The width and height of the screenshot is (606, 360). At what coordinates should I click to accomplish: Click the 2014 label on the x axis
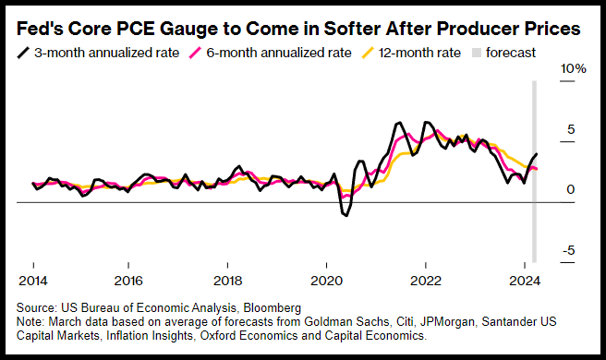33,281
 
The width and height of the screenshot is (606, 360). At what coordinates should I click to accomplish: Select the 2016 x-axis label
128,281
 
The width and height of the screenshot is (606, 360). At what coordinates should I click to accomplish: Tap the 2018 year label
227,281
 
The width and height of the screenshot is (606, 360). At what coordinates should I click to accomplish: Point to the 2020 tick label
327,281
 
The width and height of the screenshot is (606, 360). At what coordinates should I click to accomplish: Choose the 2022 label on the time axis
426,281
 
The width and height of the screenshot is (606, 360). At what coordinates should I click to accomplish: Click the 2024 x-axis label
525,281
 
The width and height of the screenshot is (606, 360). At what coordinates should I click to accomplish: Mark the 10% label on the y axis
574,68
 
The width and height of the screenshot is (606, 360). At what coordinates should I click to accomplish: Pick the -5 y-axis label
568,250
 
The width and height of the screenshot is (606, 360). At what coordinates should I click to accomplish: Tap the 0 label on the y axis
571,189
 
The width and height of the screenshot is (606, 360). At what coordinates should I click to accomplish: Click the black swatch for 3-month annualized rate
23,53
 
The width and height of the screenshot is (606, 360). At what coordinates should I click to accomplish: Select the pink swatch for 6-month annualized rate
195,53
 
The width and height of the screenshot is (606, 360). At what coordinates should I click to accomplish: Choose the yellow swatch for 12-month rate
368,53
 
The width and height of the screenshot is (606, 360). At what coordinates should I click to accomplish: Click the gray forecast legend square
477,53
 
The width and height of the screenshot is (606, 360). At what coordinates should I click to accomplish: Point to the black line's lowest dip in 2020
346,215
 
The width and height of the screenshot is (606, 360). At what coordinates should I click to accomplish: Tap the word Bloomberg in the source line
273,308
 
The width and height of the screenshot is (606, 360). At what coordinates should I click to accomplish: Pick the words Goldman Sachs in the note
346,321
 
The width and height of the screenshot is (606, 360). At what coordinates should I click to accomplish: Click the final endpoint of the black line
537,154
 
